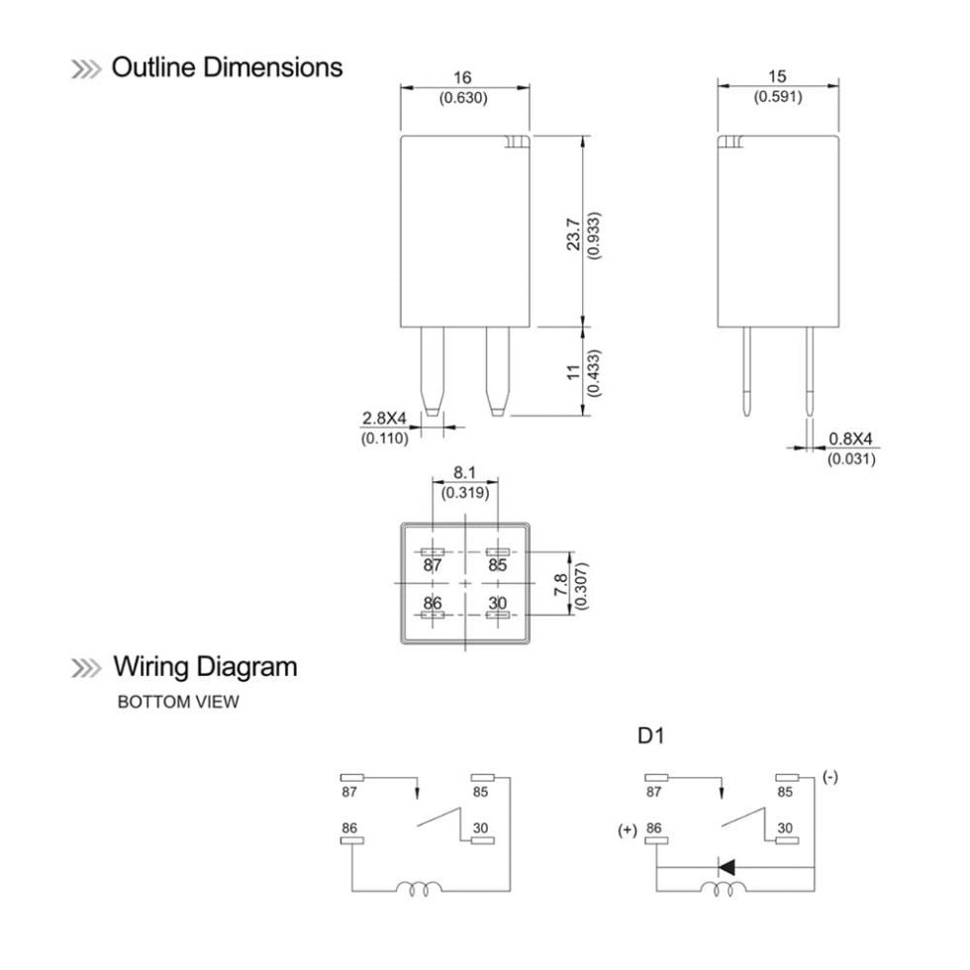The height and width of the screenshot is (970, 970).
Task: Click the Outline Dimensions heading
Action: coord(227,67)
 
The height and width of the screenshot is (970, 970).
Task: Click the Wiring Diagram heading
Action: coord(204,666)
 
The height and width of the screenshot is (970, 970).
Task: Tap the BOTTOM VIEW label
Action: coord(178,702)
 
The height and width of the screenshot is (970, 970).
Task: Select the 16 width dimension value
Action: coord(463,78)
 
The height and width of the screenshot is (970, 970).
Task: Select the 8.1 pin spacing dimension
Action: coord(463,474)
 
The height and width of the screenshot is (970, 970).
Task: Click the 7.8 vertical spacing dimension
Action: coord(561,583)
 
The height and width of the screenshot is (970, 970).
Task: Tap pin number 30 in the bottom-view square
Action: coord(497,602)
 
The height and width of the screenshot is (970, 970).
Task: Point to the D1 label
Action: coord(650,737)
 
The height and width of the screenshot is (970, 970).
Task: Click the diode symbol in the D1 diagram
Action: coord(727,867)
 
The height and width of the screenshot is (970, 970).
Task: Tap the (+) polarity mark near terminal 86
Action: coord(628,830)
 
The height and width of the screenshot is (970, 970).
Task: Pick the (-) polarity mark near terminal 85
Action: coord(830,777)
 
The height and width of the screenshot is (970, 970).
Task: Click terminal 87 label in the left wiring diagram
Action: coord(349,792)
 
